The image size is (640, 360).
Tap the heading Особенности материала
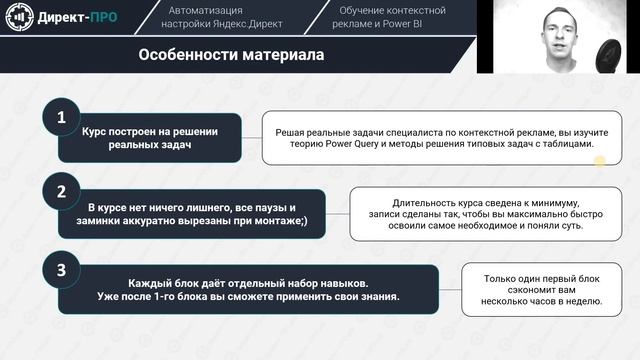pos(230,56)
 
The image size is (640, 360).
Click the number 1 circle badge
pos(61,118)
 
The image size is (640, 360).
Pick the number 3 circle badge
pos(61,268)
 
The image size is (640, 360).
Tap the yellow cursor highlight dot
pos(600,161)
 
